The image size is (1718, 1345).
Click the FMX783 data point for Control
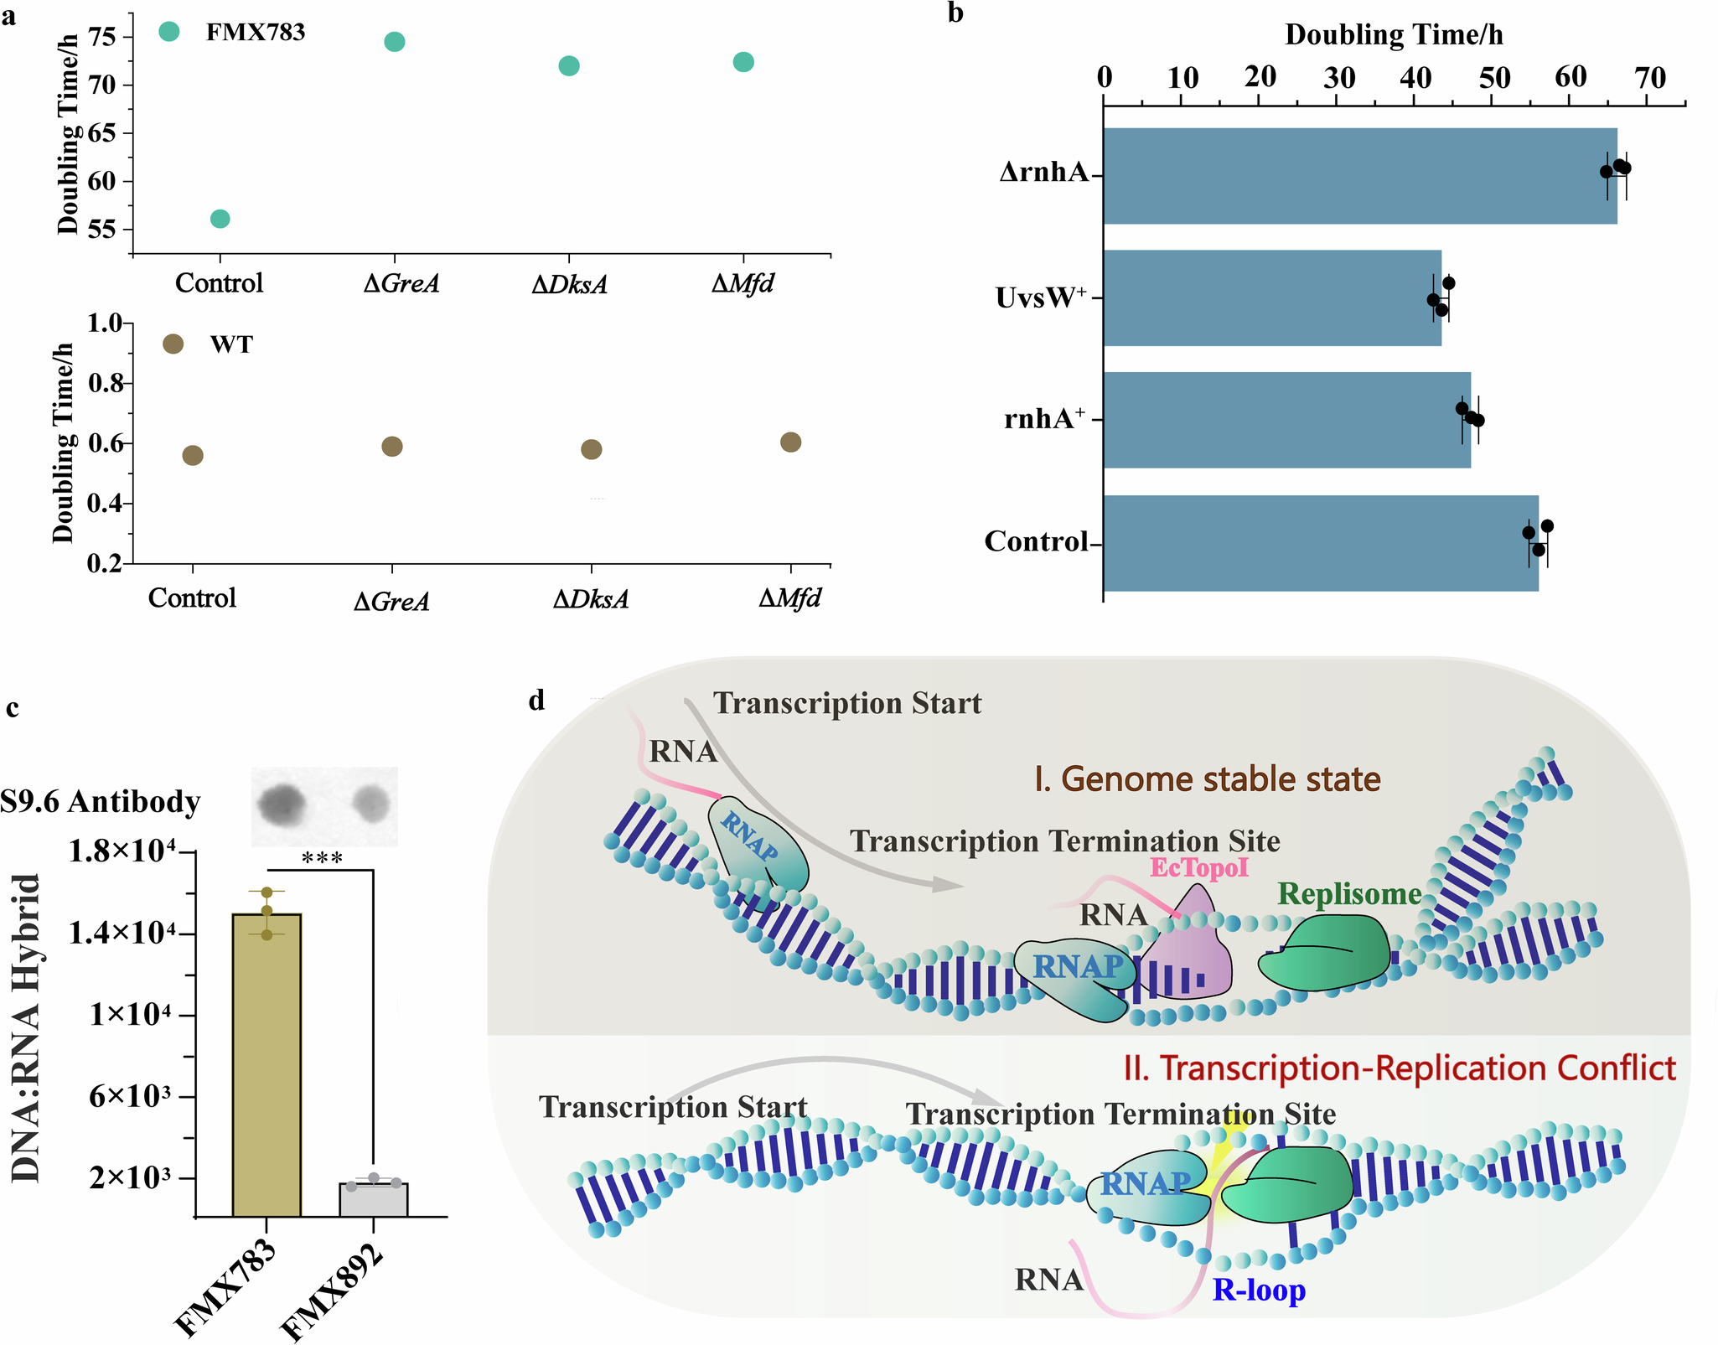tap(220, 219)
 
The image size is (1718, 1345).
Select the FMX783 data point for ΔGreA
tap(395, 42)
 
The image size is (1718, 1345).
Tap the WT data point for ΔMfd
tap(790, 442)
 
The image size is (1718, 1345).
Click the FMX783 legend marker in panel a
tap(169, 32)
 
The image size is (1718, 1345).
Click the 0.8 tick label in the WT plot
tap(104, 384)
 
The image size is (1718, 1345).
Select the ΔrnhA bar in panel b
tap(1358, 176)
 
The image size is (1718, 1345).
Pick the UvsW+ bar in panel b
tap(1271, 297)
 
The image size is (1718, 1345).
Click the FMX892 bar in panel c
tap(373, 1199)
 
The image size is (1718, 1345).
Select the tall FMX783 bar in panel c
tap(266, 1064)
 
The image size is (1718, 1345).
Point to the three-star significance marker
tap(322, 858)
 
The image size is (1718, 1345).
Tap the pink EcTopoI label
tap(1198, 866)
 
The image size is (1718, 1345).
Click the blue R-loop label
tap(1259, 1290)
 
